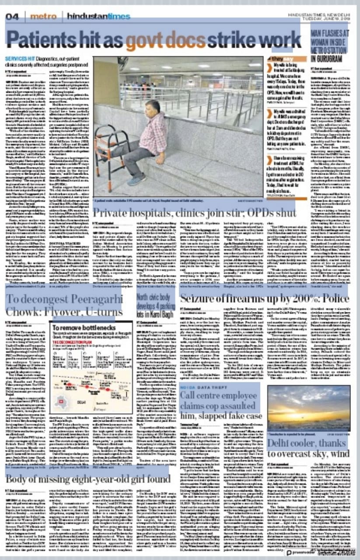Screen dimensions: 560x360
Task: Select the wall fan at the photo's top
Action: pyautogui.click(x=123, y=64)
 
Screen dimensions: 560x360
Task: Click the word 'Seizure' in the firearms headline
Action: pyautogui.click(x=201, y=287)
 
